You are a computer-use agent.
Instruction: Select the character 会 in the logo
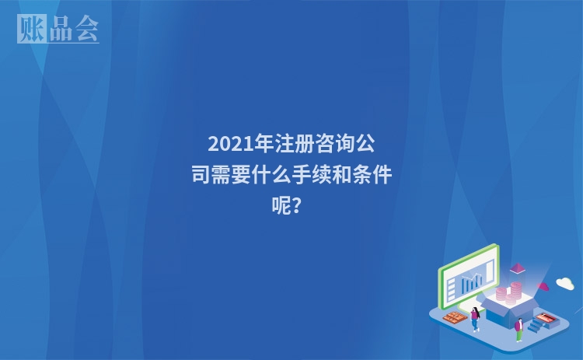[86, 29]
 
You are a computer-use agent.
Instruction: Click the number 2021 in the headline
[225, 145]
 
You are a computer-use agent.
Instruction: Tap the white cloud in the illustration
[565, 283]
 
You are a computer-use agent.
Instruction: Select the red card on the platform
[546, 317]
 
